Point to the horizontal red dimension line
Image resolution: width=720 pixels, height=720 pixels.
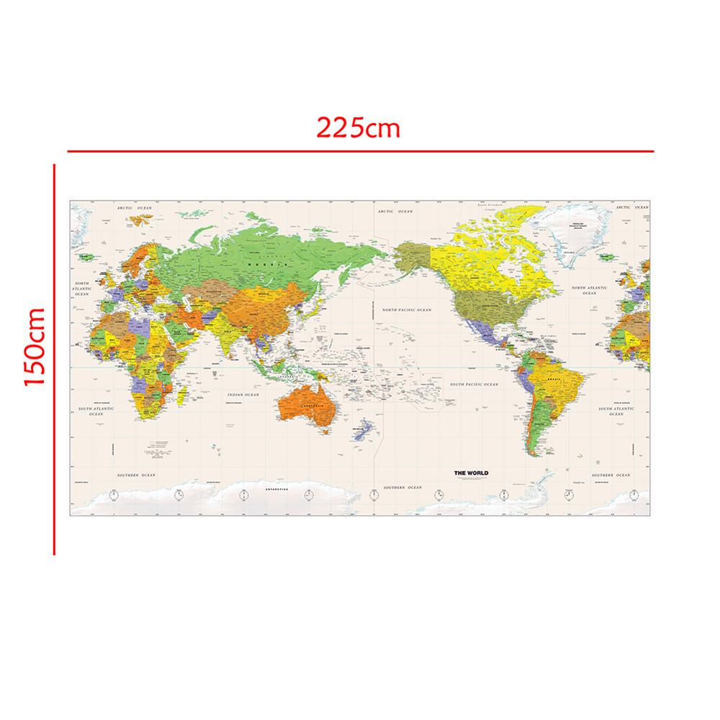[360, 152]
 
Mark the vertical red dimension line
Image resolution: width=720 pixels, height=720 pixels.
[55, 360]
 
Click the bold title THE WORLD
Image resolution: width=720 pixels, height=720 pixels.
[470, 473]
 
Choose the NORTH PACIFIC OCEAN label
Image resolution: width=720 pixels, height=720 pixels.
[406, 310]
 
